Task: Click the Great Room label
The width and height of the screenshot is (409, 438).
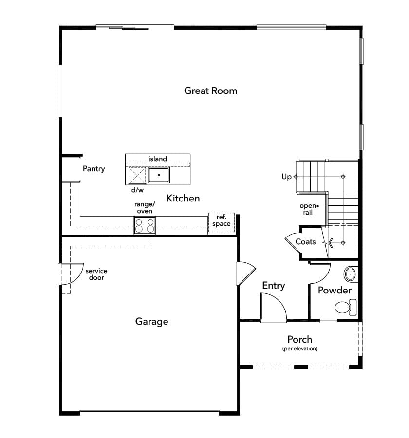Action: tap(210, 91)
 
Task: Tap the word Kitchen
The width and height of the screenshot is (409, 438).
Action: tap(183, 198)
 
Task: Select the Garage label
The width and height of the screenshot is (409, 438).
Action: tap(151, 322)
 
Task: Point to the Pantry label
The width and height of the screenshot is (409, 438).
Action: tap(93, 169)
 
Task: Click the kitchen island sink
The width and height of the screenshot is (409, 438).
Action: tap(159, 175)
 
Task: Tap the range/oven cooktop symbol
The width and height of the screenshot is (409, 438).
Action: tap(145, 225)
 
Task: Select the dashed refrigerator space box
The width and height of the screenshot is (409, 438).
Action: tap(222, 222)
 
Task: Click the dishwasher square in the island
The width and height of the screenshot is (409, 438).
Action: tap(137, 176)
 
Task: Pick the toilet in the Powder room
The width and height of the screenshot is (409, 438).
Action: tap(346, 307)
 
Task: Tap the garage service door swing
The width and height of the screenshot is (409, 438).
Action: tap(71, 274)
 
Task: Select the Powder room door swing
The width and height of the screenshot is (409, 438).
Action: tap(320, 273)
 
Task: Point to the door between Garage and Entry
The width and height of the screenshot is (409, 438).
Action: tap(246, 273)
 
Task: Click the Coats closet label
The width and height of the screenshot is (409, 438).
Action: tap(305, 241)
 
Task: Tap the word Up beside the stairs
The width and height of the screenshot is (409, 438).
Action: tap(286, 177)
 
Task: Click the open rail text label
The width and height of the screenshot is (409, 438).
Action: tap(308, 209)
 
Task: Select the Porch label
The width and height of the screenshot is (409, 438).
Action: tap(300, 339)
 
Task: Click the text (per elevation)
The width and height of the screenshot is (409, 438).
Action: tap(300, 348)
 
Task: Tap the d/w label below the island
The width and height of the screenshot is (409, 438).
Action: tap(137, 190)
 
